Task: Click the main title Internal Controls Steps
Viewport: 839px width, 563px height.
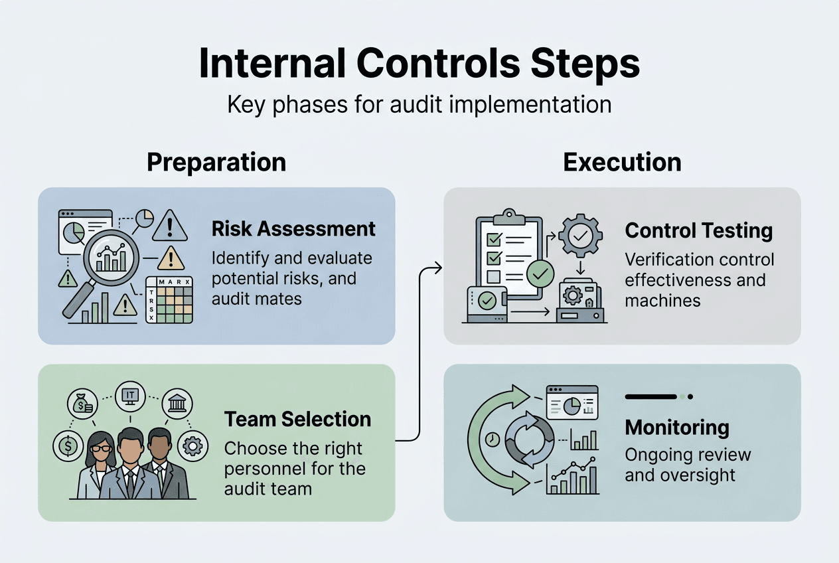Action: (419, 64)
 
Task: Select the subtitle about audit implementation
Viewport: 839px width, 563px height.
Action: (419, 105)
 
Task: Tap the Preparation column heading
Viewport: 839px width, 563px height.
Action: (216, 163)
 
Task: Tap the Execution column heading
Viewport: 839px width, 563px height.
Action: (622, 163)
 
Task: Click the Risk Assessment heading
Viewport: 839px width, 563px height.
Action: (293, 229)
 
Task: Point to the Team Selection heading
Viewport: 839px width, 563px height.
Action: (297, 419)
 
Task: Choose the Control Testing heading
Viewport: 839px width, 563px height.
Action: (699, 230)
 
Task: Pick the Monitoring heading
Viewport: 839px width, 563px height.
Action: (677, 428)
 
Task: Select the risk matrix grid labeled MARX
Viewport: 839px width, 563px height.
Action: (169, 300)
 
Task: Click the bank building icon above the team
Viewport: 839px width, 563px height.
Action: (177, 402)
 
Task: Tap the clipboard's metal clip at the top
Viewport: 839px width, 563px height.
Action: (509, 215)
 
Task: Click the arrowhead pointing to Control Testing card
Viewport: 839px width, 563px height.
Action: (437, 268)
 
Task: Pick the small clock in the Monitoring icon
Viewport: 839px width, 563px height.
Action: (492, 439)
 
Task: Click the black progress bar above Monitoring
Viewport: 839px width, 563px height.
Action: (650, 396)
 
